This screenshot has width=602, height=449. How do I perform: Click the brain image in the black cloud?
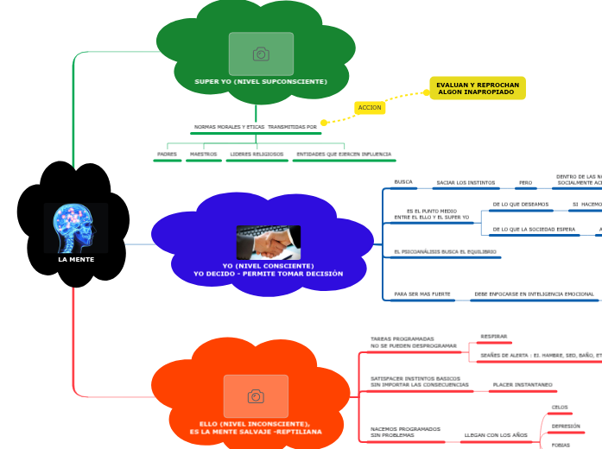75,227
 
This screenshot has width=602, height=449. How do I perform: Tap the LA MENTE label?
76,259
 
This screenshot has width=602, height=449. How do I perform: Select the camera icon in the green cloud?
261,54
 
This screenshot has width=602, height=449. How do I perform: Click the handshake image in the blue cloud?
268,243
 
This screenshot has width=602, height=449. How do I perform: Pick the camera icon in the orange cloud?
256,396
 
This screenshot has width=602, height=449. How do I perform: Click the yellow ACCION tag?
370,108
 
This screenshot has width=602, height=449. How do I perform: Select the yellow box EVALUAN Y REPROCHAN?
478,88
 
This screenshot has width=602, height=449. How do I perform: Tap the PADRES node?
167,155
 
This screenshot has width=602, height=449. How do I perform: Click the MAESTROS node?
204,155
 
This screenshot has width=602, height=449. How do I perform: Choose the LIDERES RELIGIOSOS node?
257,155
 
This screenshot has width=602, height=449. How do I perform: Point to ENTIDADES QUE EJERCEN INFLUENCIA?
344,155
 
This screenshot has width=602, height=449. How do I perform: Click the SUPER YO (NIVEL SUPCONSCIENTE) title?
261,81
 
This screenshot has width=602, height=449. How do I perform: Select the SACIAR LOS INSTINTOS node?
466,183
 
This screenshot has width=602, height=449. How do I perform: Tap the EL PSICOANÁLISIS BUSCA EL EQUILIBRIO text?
445,252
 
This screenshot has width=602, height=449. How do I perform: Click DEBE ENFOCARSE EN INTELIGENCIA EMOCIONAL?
534,294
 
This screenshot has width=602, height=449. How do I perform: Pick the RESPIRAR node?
494,337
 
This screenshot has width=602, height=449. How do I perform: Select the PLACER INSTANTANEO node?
523,384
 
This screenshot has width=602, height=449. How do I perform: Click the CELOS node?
560,407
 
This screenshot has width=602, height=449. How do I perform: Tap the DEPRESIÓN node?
566,426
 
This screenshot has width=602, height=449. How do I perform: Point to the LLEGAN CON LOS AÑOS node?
496,435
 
